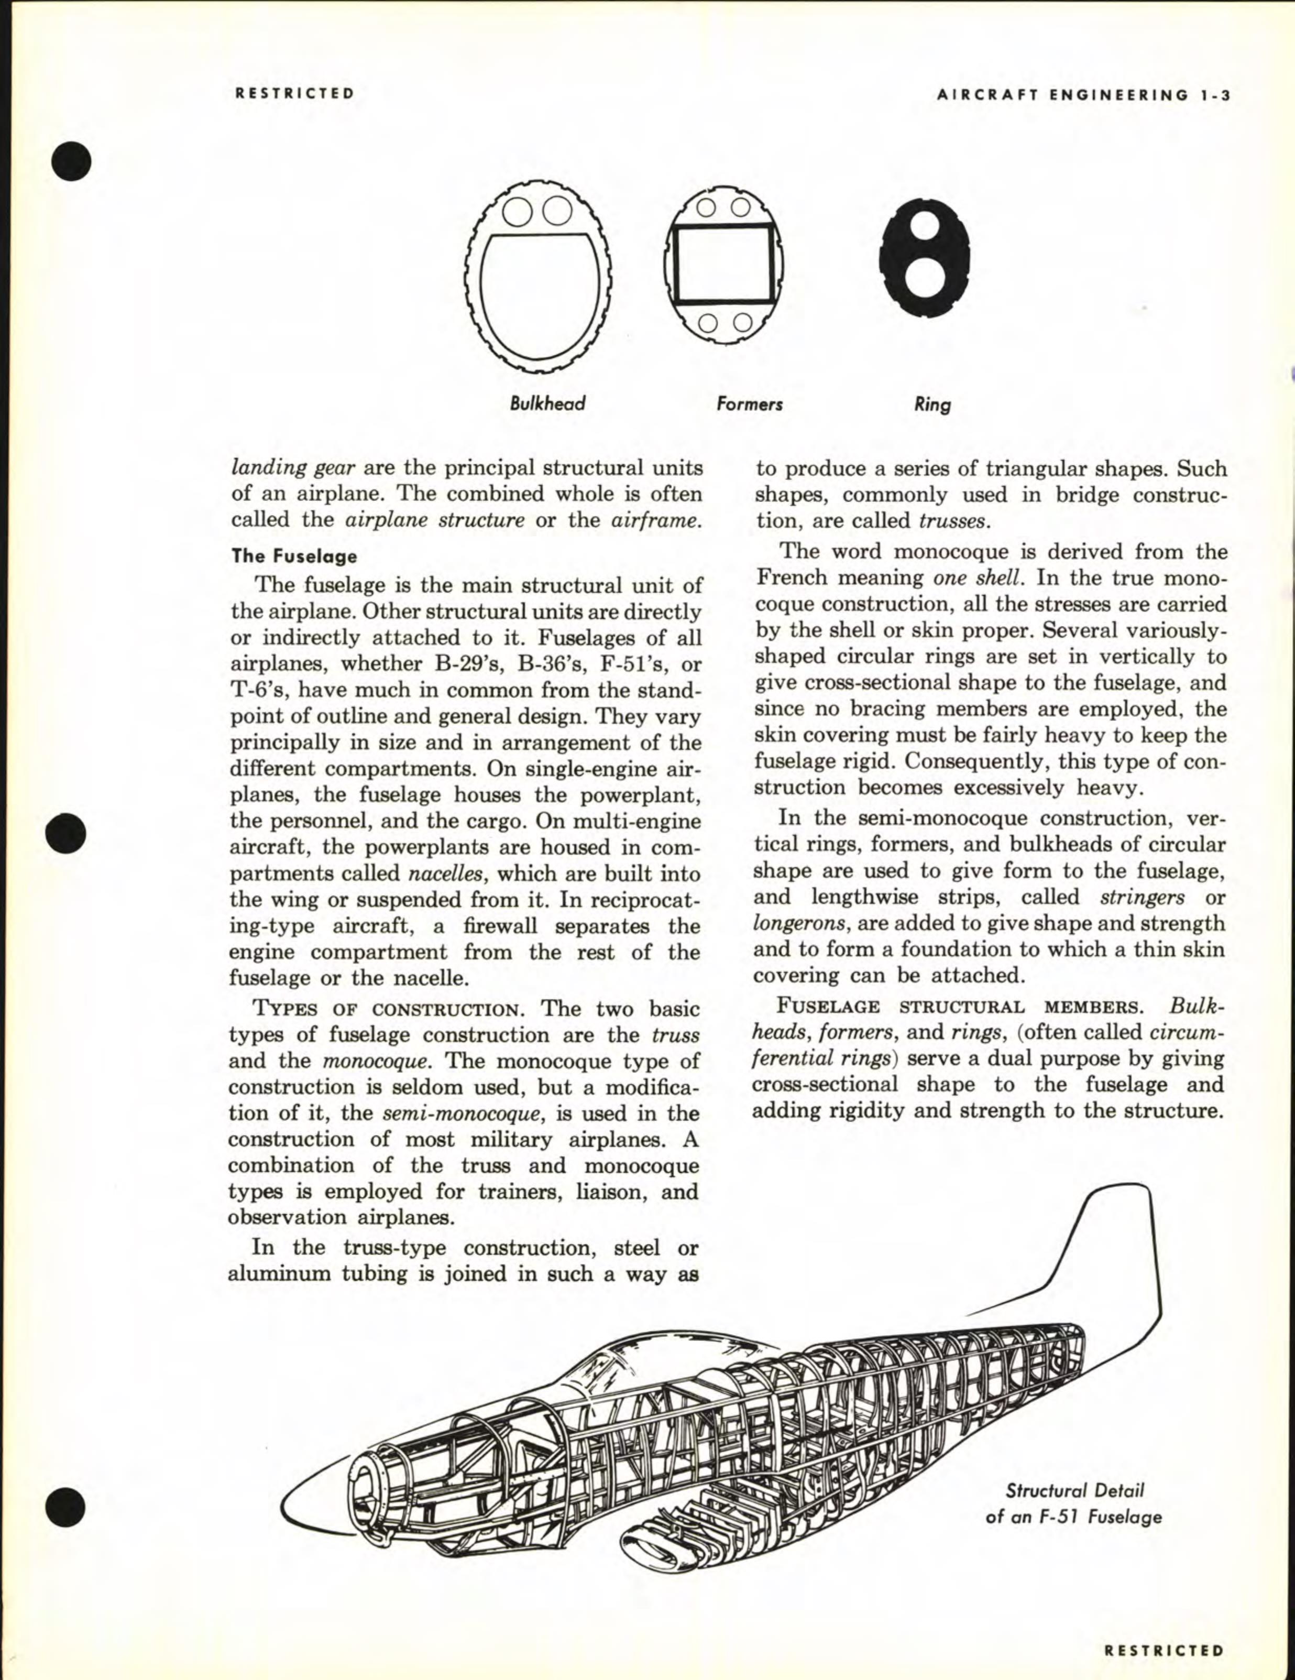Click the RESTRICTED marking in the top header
(x=294, y=94)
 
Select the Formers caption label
(x=749, y=404)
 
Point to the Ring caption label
(x=932, y=405)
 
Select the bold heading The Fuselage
(x=294, y=556)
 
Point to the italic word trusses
(x=952, y=521)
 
